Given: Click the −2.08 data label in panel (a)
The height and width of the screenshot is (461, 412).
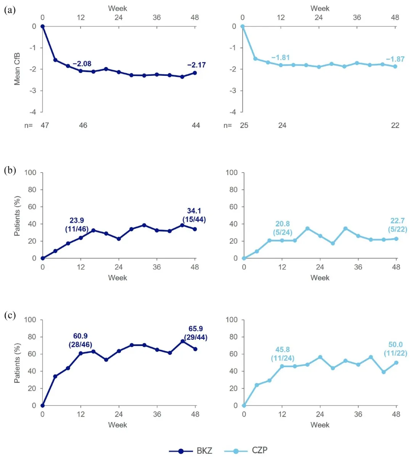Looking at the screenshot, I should point(82,64).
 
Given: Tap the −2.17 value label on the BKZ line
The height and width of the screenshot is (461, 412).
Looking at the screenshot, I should point(196,65).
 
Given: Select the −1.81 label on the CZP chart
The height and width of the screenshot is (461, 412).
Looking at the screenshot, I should point(280,58).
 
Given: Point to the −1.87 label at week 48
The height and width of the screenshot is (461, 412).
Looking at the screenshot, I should point(395,59).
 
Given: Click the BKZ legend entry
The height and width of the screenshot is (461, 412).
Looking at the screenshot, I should point(191,451).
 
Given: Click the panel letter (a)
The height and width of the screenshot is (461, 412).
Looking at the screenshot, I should point(10,10).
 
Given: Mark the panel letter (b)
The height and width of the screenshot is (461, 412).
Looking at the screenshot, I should point(10,170).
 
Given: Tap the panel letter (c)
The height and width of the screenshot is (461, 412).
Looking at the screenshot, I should point(10,315).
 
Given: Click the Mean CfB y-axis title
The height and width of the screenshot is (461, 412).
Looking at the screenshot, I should point(17,69).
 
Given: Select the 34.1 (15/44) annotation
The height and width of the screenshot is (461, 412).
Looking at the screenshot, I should point(194,215).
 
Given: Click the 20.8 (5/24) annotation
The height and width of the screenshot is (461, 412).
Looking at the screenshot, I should point(283,228).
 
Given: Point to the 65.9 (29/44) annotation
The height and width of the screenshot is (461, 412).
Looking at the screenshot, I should point(196,333).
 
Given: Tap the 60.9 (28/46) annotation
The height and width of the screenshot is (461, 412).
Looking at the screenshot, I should point(80,340).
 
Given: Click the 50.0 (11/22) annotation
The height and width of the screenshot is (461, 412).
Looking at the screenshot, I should point(395,349).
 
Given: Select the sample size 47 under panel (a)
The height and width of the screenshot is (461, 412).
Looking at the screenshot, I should point(45,125).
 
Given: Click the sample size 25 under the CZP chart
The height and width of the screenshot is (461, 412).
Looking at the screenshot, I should point(244,125).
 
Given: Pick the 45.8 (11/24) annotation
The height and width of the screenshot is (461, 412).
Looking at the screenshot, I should point(283,354).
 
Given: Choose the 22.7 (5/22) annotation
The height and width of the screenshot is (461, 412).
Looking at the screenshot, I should point(398,225).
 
